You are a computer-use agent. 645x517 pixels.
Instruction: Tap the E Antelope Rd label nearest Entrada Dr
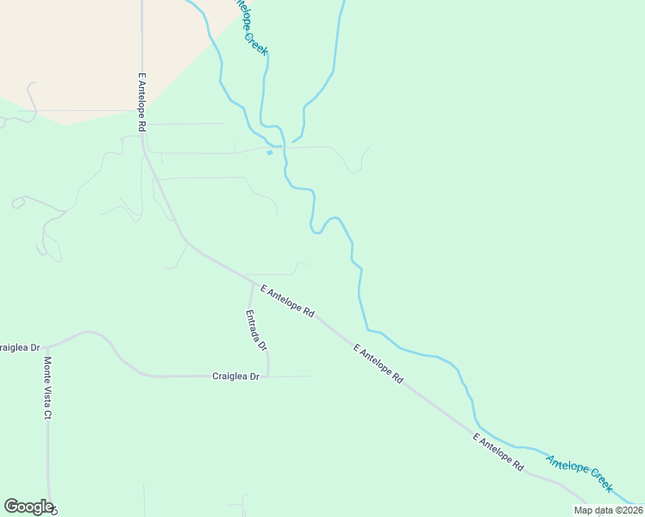[x=287, y=302]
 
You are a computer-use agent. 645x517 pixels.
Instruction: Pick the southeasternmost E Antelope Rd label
[x=498, y=452]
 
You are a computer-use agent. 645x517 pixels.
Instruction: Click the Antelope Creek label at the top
[x=252, y=30]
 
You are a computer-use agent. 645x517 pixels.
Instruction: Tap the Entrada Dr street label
[x=256, y=330]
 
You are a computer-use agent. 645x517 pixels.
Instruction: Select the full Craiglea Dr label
[x=235, y=377]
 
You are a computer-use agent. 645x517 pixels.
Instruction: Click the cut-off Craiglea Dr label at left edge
[x=20, y=347]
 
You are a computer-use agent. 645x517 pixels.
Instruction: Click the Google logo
[x=28, y=507]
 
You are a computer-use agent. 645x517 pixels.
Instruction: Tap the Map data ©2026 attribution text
[x=608, y=510]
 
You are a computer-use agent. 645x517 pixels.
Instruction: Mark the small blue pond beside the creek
[x=270, y=153]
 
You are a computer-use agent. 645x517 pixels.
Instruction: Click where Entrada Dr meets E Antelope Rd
[x=252, y=281]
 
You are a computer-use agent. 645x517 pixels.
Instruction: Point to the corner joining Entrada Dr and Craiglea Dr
[x=268, y=375]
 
